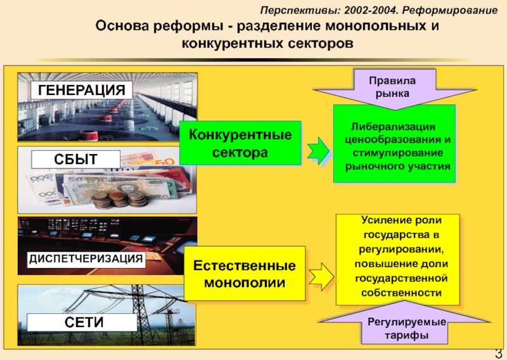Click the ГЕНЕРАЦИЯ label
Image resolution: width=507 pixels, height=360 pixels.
click(x=82, y=89)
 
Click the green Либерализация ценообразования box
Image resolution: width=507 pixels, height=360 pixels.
click(x=394, y=144)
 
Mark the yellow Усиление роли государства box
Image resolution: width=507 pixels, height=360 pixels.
click(x=397, y=259)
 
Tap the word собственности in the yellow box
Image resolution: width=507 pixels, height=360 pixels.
click(x=401, y=293)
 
